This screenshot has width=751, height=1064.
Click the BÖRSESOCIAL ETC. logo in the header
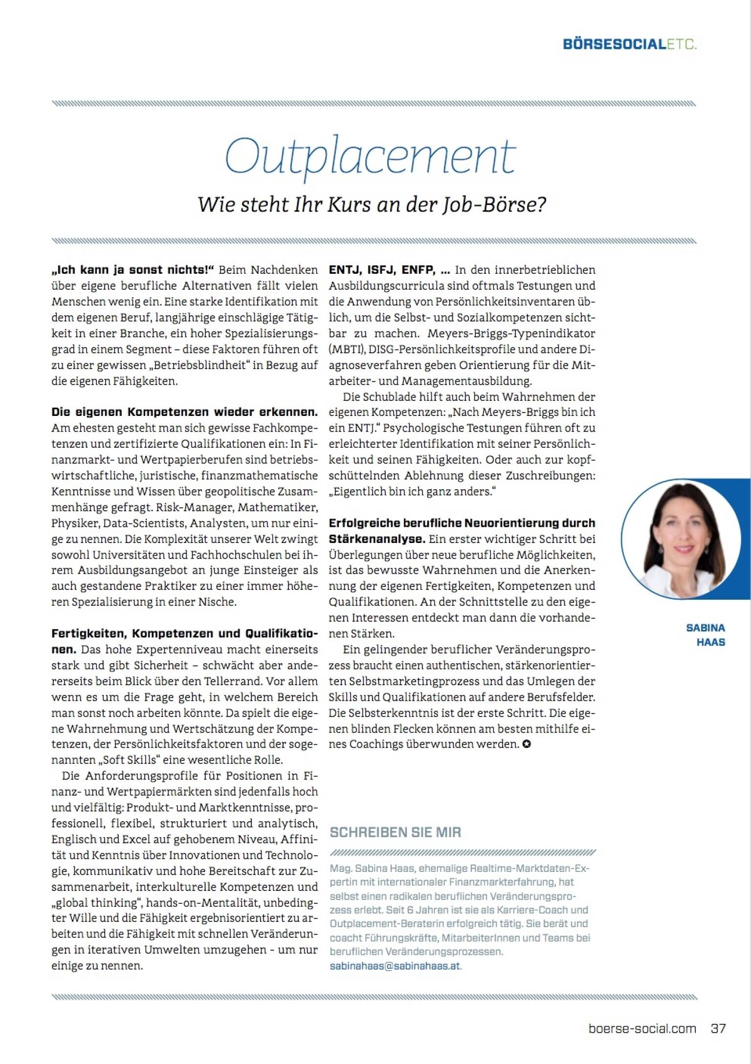[x=630, y=44]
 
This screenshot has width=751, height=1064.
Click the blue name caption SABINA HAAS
[x=706, y=634]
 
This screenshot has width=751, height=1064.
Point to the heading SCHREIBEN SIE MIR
[x=395, y=832]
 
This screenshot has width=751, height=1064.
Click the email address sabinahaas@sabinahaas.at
[x=395, y=966]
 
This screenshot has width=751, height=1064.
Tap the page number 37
[x=718, y=1028]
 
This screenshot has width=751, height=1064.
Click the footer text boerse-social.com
[x=642, y=1028]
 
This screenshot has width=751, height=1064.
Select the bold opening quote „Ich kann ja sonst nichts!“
[x=133, y=270]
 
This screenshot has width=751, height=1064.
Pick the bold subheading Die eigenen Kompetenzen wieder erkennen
[x=184, y=412]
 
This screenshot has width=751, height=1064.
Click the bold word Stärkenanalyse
[x=376, y=539]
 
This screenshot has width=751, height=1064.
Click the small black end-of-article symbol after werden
[x=526, y=744]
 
